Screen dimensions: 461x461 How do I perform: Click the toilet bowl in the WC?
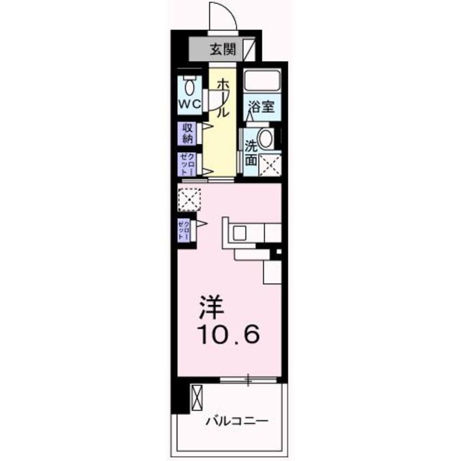[x=190, y=86]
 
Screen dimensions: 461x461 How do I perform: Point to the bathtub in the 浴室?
[x=262, y=82]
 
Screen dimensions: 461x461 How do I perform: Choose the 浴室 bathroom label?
[x=261, y=107]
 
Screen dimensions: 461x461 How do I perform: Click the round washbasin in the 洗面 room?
[x=266, y=139]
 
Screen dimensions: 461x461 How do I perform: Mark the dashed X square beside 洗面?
[x=269, y=165]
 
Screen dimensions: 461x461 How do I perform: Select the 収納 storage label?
[x=188, y=133]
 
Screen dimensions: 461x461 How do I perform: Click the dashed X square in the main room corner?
[x=189, y=199]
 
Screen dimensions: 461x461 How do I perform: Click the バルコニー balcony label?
[x=236, y=421]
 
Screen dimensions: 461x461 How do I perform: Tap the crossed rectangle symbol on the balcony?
[x=197, y=397]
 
